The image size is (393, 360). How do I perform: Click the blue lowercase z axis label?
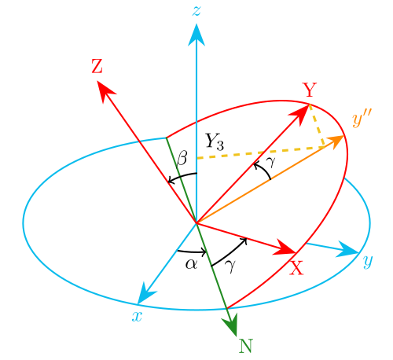196,11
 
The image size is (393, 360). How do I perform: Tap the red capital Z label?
97,66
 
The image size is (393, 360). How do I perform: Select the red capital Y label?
310,90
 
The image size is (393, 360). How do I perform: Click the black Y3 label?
215,141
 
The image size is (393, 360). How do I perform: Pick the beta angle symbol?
182,158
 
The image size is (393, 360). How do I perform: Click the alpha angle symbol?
191,264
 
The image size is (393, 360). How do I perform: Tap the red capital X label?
296,268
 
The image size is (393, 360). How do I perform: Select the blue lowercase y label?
368,261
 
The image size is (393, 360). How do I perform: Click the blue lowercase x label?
137,317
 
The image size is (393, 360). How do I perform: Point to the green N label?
245,346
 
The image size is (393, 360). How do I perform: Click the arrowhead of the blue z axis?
196,35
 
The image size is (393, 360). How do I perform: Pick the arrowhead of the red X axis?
285,248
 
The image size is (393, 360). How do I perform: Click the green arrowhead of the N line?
231,324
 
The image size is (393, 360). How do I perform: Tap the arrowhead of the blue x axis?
145,294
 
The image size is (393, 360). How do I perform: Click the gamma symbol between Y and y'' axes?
271,161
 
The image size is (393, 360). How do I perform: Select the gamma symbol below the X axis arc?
230,266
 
